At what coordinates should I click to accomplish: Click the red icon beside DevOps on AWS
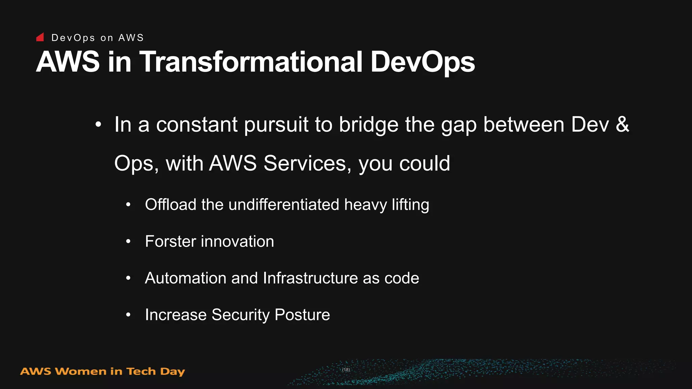(40, 37)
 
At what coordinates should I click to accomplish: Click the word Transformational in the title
(251, 62)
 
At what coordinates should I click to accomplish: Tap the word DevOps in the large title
(422, 62)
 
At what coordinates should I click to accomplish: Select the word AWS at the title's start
(68, 62)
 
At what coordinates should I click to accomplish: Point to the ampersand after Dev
(622, 124)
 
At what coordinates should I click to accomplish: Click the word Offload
(170, 205)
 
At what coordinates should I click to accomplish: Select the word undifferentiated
(283, 205)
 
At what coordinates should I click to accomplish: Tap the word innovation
(237, 241)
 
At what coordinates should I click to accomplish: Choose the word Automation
(186, 278)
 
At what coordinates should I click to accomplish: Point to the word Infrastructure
(310, 278)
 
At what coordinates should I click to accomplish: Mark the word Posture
(302, 315)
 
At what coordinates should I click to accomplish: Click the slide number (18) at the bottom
(346, 370)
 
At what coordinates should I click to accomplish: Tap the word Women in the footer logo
(81, 371)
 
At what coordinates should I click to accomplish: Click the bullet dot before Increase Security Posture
(128, 315)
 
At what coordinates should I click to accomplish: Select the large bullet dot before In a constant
(98, 125)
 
